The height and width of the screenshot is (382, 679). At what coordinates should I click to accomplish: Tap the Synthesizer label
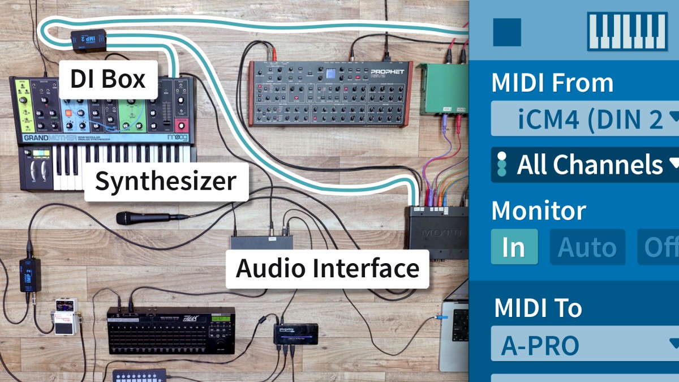(x=165, y=182)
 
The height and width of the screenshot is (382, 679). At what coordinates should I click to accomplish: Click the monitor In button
(x=514, y=247)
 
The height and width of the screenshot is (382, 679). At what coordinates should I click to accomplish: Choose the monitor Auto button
(x=587, y=247)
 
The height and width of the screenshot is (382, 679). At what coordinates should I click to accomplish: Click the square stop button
(x=507, y=32)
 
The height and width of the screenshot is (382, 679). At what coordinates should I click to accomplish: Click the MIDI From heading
(x=552, y=83)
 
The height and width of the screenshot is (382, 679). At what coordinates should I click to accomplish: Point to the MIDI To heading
(x=538, y=308)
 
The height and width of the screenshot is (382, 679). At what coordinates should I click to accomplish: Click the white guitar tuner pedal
(x=65, y=317)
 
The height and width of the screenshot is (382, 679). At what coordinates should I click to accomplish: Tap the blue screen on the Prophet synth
(x=330, y=74)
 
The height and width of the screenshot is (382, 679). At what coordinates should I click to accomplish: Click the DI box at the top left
(x=89, y=39)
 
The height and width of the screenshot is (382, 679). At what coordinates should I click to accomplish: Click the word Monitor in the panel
(x=538, y=211)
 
